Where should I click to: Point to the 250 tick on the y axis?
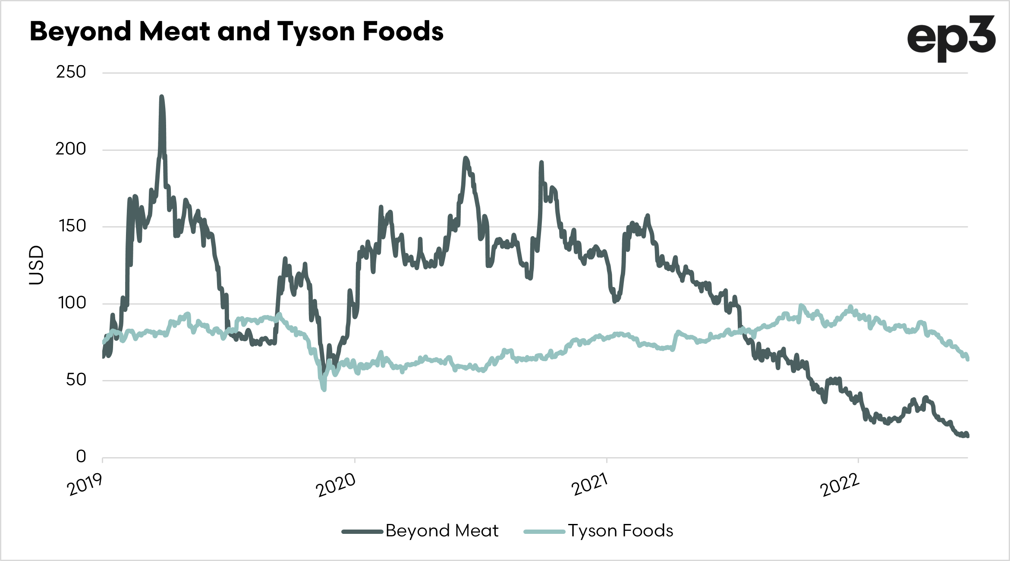pos(71,72)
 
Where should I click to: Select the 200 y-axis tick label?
pos(71,149)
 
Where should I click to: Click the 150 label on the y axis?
pos(72,226)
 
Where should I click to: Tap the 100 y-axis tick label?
pos(72,303)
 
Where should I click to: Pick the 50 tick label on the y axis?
pos(76,380)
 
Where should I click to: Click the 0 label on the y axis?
pos(81,456)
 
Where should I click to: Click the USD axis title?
pos(37,265)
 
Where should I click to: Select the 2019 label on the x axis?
pos(85,484)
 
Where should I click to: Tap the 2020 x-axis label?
pos(336,485)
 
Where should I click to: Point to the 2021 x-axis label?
pos(589,484)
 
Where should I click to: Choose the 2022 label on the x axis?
pos(840,485)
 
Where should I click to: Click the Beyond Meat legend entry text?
pos(442,531)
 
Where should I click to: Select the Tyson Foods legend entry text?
pos(620,531)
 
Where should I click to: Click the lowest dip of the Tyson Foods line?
pos(324,390)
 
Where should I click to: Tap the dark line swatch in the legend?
pos(362,532)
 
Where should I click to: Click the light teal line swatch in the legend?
pos(544,532)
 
